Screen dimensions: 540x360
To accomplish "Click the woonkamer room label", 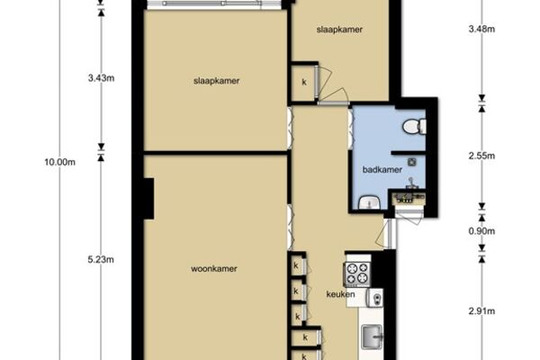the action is pyautogui.click(x=214, y=269).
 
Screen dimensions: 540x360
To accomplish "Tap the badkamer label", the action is pyautogui.click(x=382, y=169).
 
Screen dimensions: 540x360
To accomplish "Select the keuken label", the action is pyautogui.click(x=340, y=294).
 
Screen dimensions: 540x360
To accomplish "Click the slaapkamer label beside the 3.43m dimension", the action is pyautogui.click(x=216, y=81).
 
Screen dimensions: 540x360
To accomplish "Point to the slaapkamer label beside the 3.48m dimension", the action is pyautogui.click(x=339, y=30).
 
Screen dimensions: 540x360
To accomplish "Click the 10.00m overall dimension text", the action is pyautogui.click(x=60, y=162).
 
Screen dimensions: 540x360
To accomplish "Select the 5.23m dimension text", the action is pyautogui.click(x=101, y=260).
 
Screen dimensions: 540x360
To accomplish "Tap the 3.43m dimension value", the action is pyautogui.click(x=101, y=78).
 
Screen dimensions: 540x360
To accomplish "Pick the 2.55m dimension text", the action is pyautogui.click(x=481, y=156).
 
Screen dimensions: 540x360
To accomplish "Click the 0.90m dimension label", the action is pyautogui.click(x=481, y=231).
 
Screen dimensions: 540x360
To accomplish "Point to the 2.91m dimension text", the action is pyautogui.click(x=481, y=311).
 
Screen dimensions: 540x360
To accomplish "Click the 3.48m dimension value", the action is pyautogui.click(x=481, y=29).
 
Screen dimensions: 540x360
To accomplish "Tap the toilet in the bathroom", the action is pyautogui.click(x=414, y=126).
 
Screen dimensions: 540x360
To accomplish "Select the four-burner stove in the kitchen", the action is pyautogui.click(x=357, y=274).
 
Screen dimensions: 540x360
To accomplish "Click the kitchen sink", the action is pyautogui.click(x=372, y=337).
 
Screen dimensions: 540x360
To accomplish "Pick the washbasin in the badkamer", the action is pyautogui.click(x=369, y=202).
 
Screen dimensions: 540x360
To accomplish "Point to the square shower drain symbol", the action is pyautogui.click(x=412, y=162).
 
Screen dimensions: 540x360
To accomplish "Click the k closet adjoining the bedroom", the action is pyautogui.click(x=304, y=82).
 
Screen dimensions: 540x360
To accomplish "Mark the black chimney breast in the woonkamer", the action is pyautogui.click(x=148, y=198).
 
